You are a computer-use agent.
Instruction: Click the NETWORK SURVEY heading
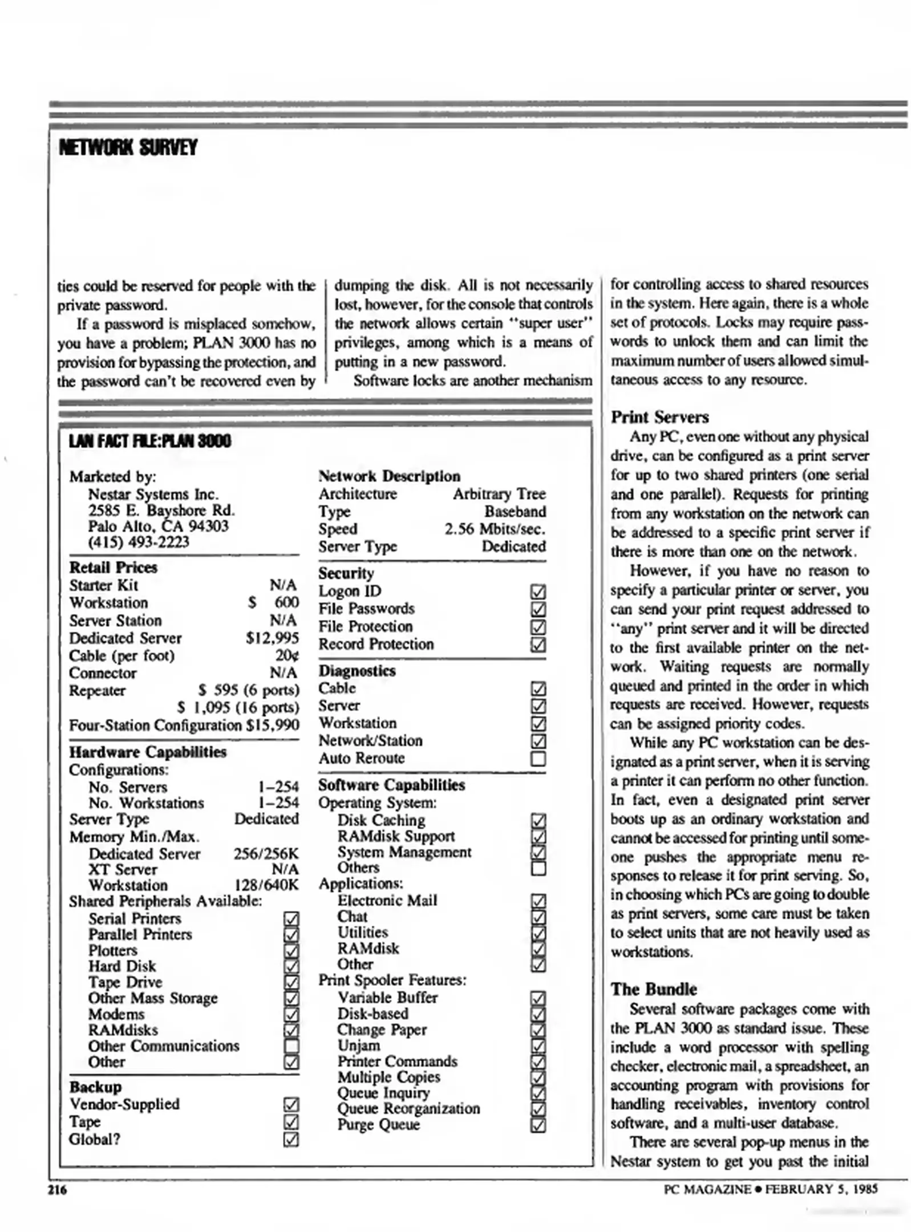[x=128, y=148]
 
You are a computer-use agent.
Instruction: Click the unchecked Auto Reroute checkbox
[x=538, y=759]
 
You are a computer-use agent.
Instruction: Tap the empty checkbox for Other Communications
[x=291, y=1046]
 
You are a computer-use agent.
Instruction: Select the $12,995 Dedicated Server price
[x=272, y=638]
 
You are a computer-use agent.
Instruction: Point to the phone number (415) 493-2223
[x=138, y=542]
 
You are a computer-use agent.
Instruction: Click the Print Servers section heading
[x=659, y=417]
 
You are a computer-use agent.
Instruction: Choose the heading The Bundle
[x=654, y=988]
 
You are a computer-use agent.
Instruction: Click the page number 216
[x=57, y=1189]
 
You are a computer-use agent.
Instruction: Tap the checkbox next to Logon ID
[x=538, y=591]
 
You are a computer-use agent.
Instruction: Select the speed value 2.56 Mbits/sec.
[x=495, y=529]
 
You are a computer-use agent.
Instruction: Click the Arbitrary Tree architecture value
[x=499, y=493]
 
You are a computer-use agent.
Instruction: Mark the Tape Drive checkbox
[x=291, y=982]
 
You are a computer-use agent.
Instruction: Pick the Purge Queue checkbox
[x=538, y=1125]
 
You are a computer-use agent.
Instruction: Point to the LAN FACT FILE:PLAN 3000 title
[x=150, y=441]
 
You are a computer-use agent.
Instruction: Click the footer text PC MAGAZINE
[x=707, y=1189]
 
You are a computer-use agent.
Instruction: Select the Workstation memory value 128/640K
[x=266, y=885]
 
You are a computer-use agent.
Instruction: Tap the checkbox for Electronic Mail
[x=538, y=901]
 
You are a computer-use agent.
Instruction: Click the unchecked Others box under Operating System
[x=538, y=868]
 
